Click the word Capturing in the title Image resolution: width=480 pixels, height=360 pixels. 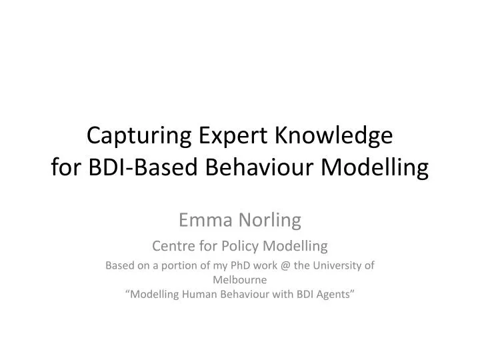tap(141, 137)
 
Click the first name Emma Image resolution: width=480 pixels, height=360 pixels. tap(203, 218)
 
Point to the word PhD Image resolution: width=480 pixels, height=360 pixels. tap(236, 265)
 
